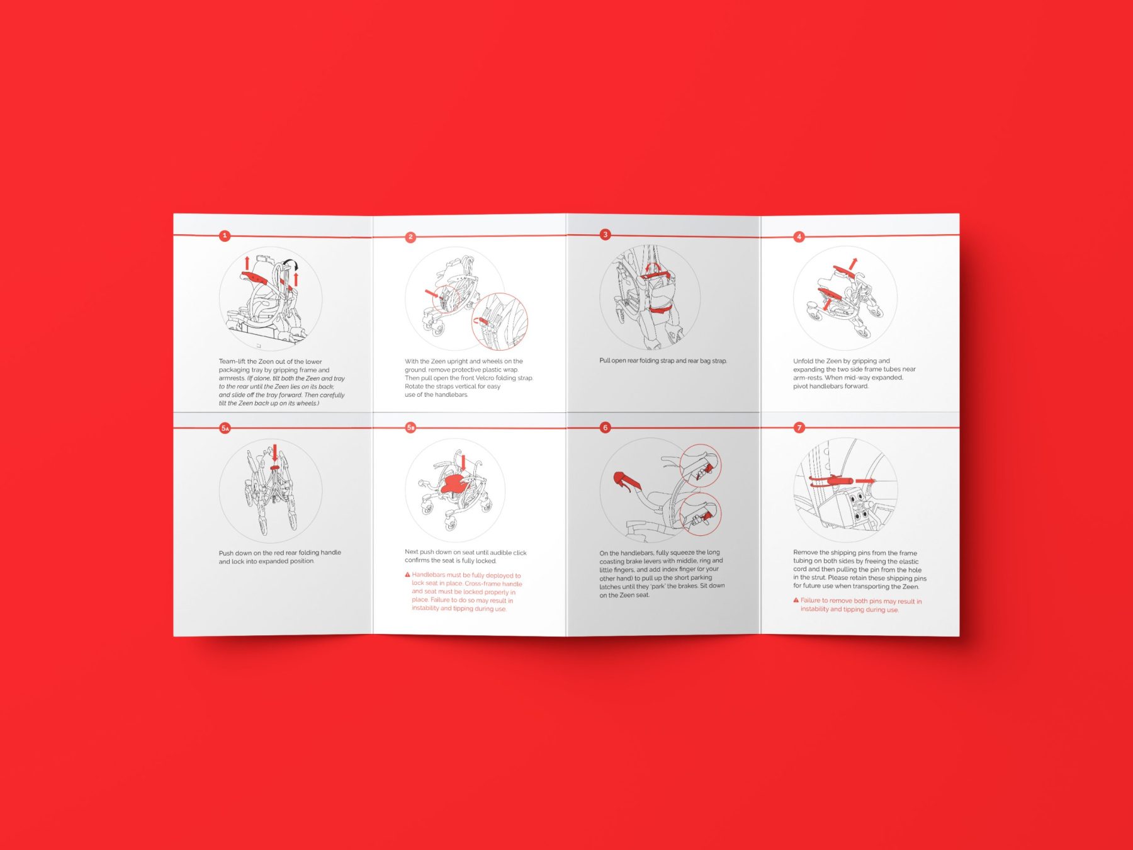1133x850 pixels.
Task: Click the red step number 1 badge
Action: click(x=225, y=235)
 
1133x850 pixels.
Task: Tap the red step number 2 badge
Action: click(x=410, y=237)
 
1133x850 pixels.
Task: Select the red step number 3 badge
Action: click(x=605, y=234)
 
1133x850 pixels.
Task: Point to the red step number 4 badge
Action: click(x=799, y=237)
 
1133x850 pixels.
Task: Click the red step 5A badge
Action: click(x=225, y=428)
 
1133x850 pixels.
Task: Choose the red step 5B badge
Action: click(x=410, y=428)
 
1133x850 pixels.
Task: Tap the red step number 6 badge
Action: click(x=605, y=428)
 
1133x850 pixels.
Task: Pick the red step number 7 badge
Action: click(x=799, y=428)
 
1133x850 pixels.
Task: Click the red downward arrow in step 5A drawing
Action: click(x=274, y=453)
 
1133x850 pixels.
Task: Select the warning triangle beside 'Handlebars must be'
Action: click(x=407, y=575)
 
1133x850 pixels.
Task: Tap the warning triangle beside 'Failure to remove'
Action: click(x=796, y=600)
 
